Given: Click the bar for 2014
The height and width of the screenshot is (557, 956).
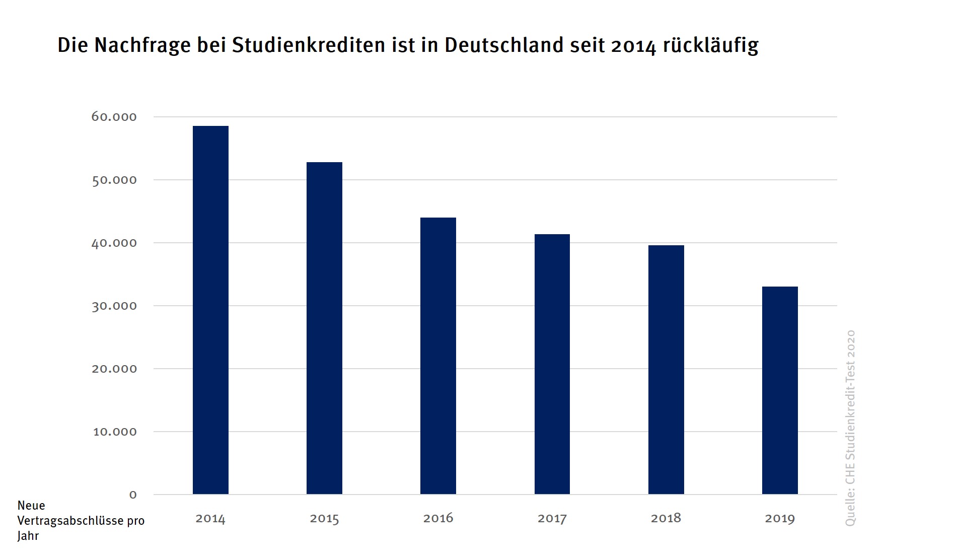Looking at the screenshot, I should click(x=210, y=310).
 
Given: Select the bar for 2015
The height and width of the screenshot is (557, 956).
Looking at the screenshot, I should click(x=324, y=328).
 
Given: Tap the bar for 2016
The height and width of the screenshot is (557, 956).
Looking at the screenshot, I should click(x=438, y=356).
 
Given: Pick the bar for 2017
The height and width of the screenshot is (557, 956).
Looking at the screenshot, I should click(x=552, y=364).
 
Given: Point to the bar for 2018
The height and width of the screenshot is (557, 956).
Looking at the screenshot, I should click(x=666, y=370).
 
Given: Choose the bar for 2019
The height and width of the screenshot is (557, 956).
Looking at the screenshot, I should click(x=780, y=390).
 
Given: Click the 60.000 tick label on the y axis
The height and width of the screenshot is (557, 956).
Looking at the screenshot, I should click(x=114, y=117).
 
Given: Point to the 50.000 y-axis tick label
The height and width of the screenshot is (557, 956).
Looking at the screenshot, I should click(x=114, y=180).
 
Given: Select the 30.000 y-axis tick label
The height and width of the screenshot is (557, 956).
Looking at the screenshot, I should click(x=114, y=306).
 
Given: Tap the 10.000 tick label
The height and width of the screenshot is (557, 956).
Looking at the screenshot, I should click(x=115, y=432).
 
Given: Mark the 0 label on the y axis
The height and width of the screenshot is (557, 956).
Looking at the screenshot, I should click(x=133, y=495).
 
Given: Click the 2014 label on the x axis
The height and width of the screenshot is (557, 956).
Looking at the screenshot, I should click(x=210, y=519).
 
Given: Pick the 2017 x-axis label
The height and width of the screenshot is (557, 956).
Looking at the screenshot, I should click(x=552, y=519).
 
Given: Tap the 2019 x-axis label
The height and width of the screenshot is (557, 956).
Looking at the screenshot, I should click(x=780, y=519).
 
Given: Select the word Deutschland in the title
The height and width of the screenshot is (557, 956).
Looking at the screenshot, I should click(x=504, y=45).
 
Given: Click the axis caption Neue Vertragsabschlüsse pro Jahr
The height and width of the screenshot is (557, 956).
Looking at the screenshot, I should click(x=81, y=521).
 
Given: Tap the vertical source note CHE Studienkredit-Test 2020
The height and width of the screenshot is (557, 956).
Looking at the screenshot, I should click(x=850, y=428).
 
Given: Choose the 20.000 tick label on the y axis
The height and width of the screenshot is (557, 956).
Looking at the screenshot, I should click(x=114, y=369).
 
